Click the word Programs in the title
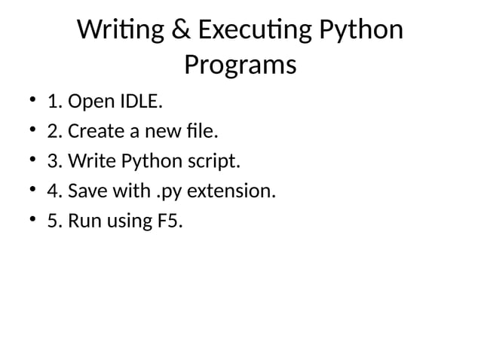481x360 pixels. pos(240,66)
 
